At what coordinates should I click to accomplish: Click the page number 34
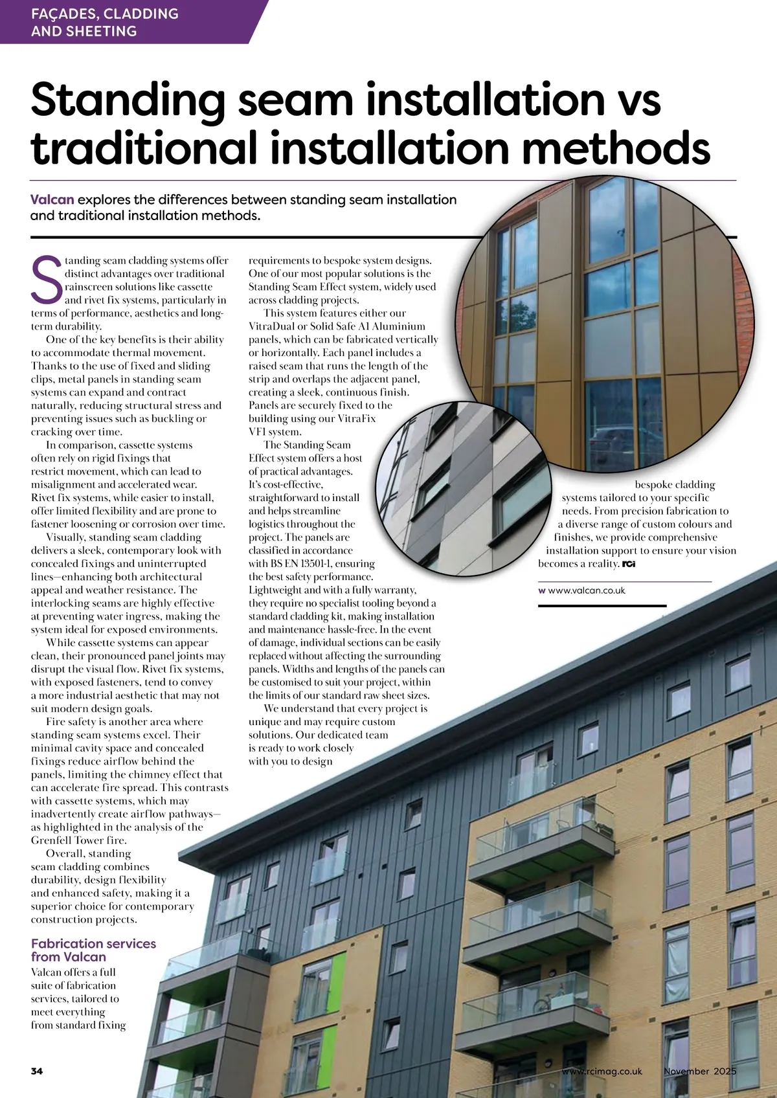[37, 1071]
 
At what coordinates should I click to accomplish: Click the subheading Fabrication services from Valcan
[93, 950]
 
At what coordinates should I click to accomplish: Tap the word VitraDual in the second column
[273, 326]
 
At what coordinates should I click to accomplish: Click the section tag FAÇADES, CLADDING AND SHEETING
[104, 22]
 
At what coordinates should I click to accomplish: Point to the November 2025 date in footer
[700, 1071]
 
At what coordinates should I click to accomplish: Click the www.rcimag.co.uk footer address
[602, 1071]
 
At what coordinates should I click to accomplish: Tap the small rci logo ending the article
[628, 564]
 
